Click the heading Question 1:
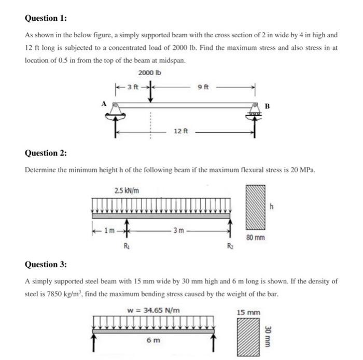point(46,18)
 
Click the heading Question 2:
point(46,153)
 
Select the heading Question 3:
point(46,265)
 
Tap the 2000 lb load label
point(150,73)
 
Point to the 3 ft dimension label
point(133,87)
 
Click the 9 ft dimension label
point(203,87)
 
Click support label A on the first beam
point(104,103)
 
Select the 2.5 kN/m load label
point(124,190)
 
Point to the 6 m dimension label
point(153,340)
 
